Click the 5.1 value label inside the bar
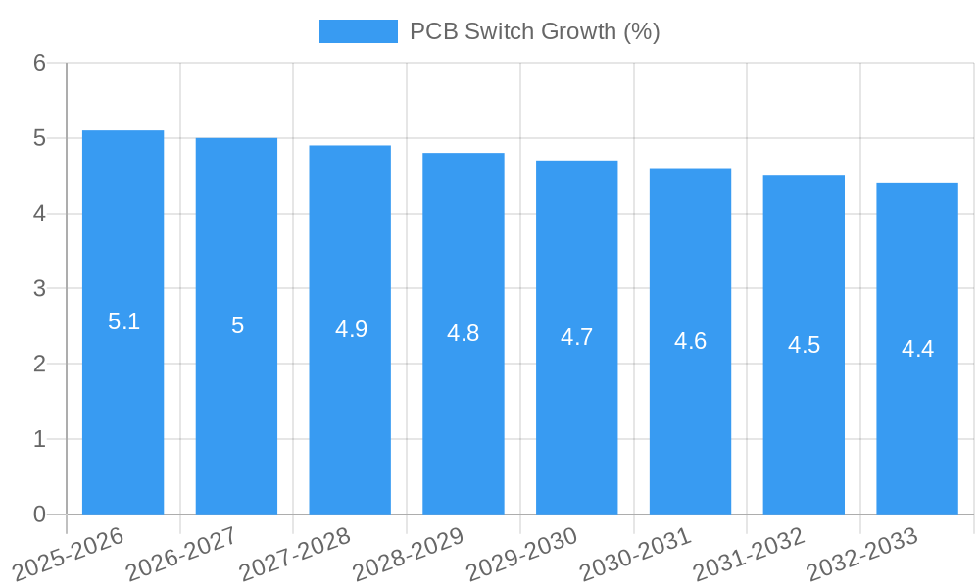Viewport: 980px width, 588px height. (x=123, y=321)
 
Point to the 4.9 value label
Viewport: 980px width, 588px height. (x=351, y=329)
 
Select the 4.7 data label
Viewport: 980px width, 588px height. (x=577, y=337)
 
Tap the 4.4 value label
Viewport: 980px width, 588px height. (x=917, y=349)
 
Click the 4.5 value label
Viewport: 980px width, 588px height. (x=804, y=345)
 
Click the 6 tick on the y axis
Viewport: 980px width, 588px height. (x=39, y=63)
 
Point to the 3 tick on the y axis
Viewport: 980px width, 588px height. (x=39, y=288)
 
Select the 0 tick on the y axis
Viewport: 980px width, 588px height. (x=39, y=514)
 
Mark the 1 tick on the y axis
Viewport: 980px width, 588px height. (x=39, y=439)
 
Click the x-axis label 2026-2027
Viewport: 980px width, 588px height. (x=181, y=554)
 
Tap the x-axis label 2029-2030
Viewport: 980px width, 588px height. (x=521, y=554)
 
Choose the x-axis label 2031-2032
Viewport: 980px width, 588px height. (x=749, y=554)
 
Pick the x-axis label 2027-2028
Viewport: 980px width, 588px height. (x=295, y=554)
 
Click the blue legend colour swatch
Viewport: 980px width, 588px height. (x=358, y=31)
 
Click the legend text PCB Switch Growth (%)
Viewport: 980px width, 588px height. (x=534, y=31)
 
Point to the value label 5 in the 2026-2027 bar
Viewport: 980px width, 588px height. (x=237, y=325)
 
